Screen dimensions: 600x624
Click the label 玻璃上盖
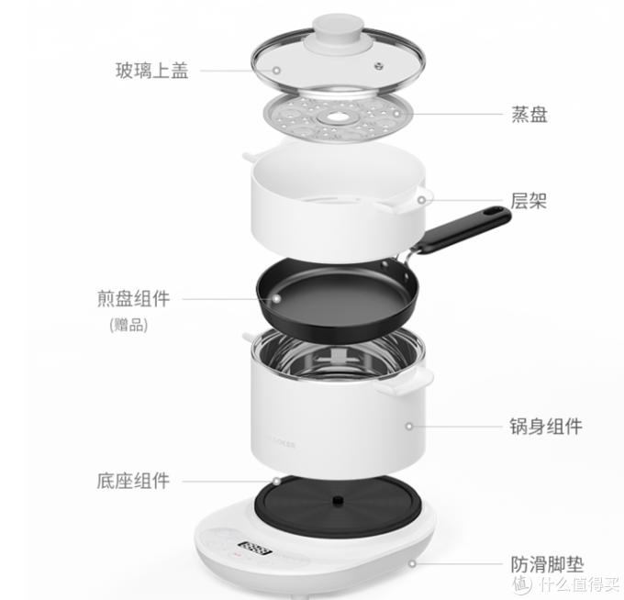151,71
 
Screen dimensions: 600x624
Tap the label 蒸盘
529,115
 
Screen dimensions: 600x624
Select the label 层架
529,200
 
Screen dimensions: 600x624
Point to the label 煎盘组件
133,299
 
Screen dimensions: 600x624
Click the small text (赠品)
128,325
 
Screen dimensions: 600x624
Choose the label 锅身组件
546,426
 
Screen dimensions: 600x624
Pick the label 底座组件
133,480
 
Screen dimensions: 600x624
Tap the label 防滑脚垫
547,564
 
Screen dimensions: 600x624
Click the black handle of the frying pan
463,228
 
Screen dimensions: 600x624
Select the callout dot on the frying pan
273,299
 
